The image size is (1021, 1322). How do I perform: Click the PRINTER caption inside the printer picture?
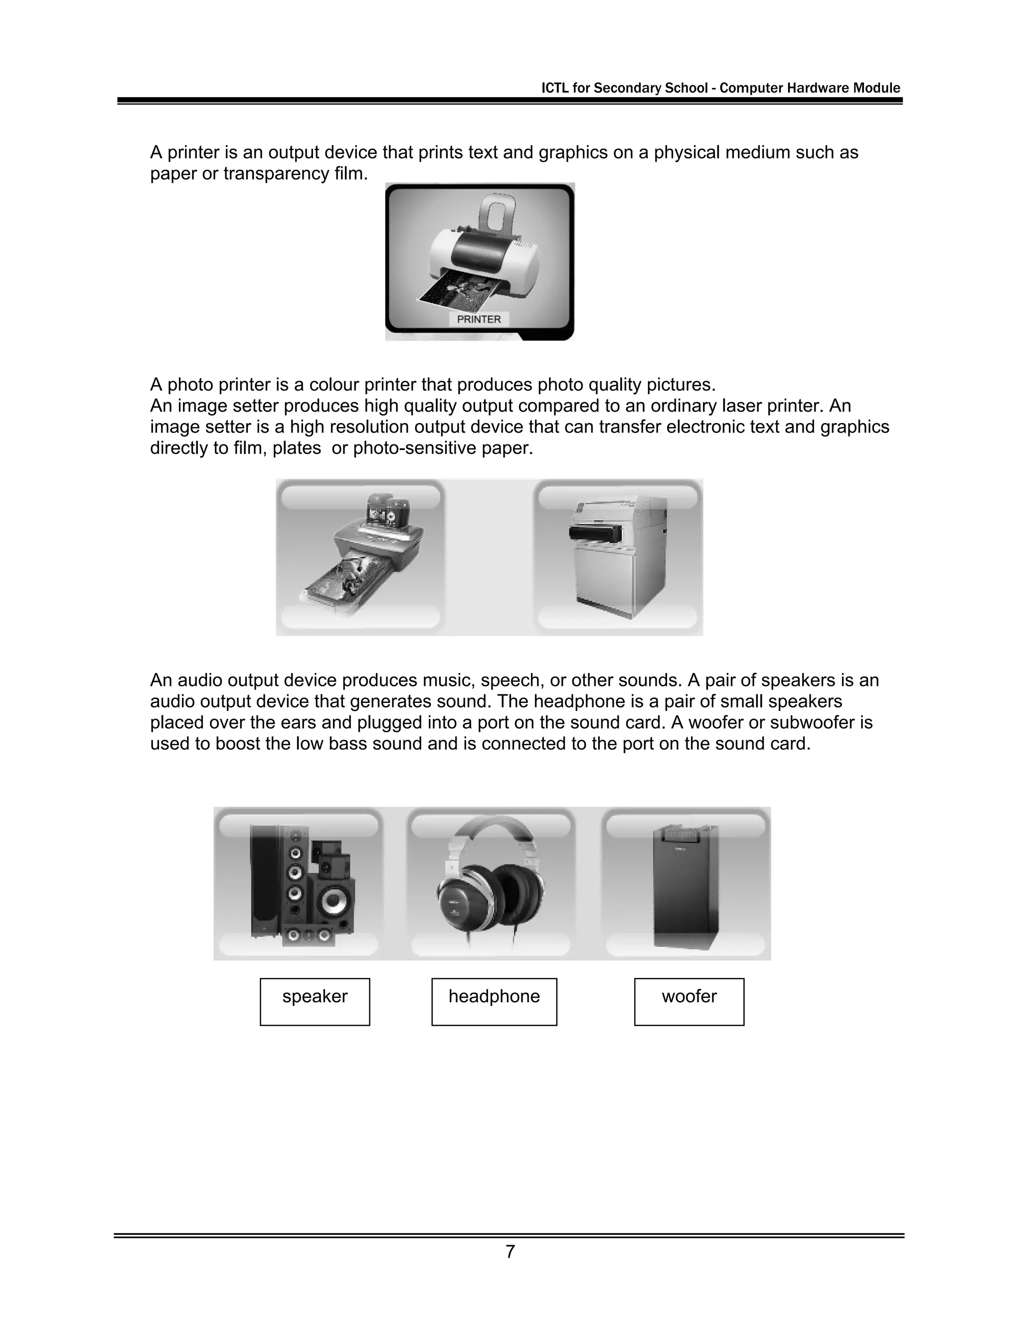pyautogui.click(x=479, y=319)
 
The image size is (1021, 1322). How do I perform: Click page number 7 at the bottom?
pyautogui.click(x=510, y=1251)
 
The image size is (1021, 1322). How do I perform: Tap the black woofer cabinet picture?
pyautogui.click(x=686, y=887)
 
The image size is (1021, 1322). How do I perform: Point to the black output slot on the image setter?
pyautogui.click(x=596, y=533)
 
